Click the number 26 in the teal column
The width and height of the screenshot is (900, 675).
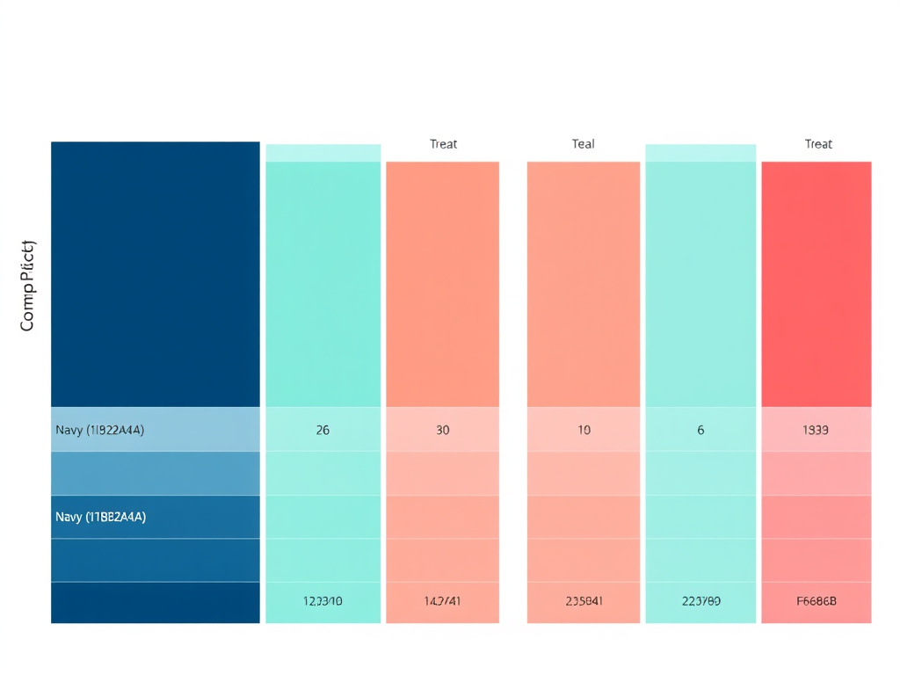pyautogui.click(x=323, y=431)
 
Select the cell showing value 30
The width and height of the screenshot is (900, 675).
pyautogui.click(x=442, y=431)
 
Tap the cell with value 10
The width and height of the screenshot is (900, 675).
pyautogui.click(x=584, y=431)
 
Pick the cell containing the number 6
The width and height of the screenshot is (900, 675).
pyautogui.click(x=700, y=431)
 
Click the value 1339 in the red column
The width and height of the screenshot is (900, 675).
pyautogui.click(x=816, y=431)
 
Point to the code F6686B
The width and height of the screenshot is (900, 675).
pyautogui.click(x=816, y=602)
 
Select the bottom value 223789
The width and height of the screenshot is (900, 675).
pyautogui.click(x=700, y=602)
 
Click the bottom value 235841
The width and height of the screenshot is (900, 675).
pyautogui.click(x=584, y=602)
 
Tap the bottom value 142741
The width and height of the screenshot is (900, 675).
pyautogui.click(x=442, y=602)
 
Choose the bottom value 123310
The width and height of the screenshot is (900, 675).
pyautogui.click(x=323, y=602)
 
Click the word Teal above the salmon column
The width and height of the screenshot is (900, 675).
pyautogui.click(x=583, y=144)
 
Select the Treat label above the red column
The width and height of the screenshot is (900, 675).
pyautogui.click(x=818, y=144)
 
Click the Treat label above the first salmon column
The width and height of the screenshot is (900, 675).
pyautogui.click(x=443, y=144)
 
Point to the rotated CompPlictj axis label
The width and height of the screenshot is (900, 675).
pyautogui.click(x=27, y=285)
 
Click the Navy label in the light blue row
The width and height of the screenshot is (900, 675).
pyautogui.click(x=99, y=431)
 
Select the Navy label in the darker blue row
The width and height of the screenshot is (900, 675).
pyautogui.click(x=100, y=517)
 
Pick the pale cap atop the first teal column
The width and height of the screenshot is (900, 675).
pyautogui.click(x=323, y=153)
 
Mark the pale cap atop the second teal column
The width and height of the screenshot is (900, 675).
pyautogui.click(x=700, y=153)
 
